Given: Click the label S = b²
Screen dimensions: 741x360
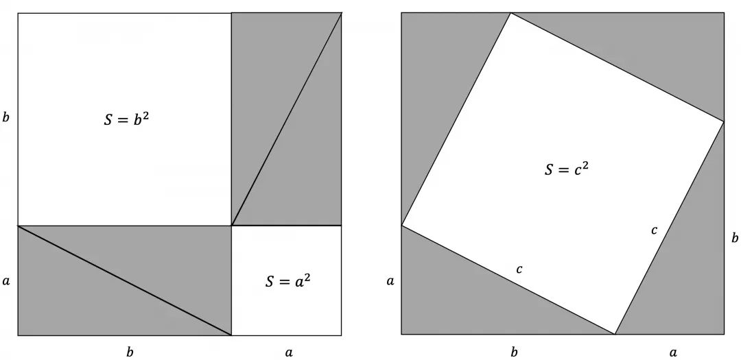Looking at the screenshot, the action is (x=135, y=118).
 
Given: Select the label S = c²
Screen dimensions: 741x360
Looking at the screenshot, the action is (x=566, y=168).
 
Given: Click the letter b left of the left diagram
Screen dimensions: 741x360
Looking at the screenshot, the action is (x=6, y=117).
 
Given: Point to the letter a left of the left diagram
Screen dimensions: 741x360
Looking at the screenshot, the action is (x=6, y=280).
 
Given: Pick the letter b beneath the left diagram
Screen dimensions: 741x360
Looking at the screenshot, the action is (x=130, y=352).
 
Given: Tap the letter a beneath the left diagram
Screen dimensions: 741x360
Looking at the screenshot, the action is (x=289, y=352).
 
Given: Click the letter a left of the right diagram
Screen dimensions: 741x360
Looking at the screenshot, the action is (x=390, y=280).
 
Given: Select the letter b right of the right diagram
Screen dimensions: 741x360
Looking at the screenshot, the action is (x=735, y=238).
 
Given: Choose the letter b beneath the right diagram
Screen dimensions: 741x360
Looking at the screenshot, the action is (x=514, y=352).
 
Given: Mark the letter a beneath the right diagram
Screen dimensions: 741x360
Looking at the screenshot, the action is (x=672, y=352).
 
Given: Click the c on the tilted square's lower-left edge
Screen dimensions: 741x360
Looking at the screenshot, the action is (x=519, y=269).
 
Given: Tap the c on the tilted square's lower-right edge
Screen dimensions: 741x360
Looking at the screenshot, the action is (x=654, y=230).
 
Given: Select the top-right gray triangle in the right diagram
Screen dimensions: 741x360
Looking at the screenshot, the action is (x=652, y=48).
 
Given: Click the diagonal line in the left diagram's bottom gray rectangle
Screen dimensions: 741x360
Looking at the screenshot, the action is (x=124, y=280).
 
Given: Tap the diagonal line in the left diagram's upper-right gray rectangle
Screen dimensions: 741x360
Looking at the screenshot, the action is (x=287, y=119).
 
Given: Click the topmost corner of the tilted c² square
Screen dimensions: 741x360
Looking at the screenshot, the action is (x=510, y=13).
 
